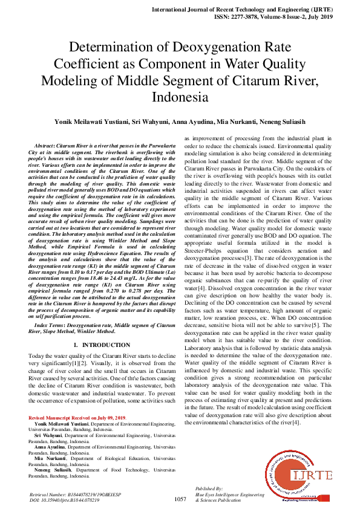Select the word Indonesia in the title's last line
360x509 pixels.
pos(180,97)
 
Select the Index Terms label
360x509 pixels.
pos(50,325)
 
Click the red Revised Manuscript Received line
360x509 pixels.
pos(77,418)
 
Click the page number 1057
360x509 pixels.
pos(180,499)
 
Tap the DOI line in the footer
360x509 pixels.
pos(65,500)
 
